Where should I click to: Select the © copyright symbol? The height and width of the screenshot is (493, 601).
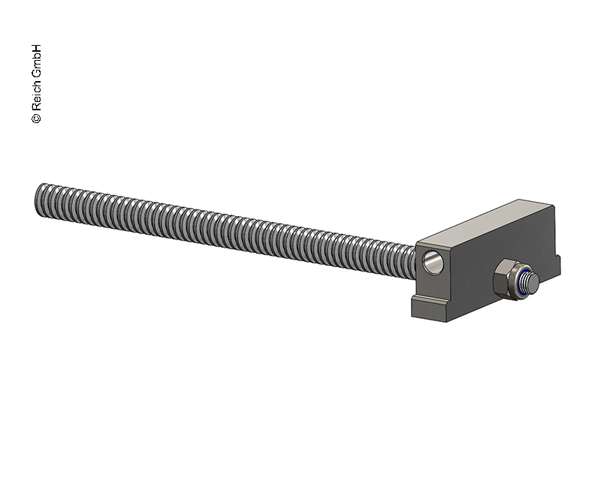36,118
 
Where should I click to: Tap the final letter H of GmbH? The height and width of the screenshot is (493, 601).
36,48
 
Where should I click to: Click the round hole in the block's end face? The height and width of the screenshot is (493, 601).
433,262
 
